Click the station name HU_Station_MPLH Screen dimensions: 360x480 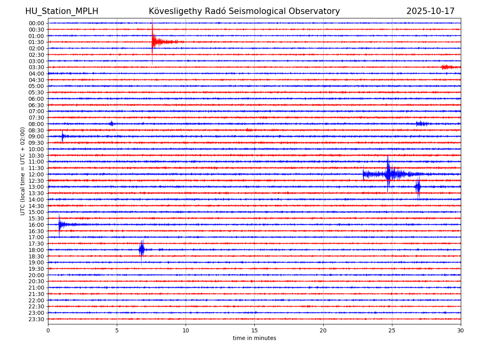62,11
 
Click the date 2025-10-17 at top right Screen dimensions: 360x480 430,11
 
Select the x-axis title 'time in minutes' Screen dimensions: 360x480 254,338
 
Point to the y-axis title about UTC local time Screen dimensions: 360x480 23,171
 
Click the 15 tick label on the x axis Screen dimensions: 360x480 254,330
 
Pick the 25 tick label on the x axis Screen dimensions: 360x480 392,330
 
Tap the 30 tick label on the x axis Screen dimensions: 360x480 461,330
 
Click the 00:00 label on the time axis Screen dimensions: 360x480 36,23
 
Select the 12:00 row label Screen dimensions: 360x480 36,174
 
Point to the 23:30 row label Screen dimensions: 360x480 36,319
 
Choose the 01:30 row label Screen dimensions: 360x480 36,42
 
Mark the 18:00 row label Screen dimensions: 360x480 36,250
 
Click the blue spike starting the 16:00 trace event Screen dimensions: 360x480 59,224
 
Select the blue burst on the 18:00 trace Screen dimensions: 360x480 142,250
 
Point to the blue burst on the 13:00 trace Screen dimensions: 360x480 418,187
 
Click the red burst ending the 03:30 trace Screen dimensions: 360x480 447,67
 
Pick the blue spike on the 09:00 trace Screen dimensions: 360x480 62,136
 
